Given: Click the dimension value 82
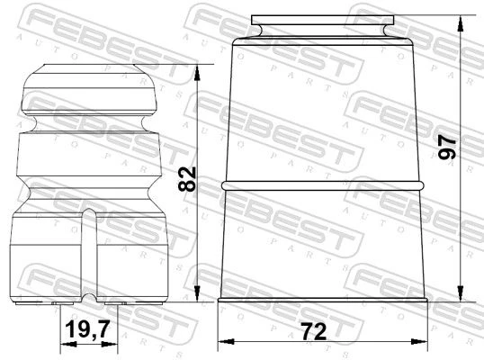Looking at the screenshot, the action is (187, 179).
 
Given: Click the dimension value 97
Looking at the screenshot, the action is (447, 148).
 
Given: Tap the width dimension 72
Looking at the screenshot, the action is (314, 331).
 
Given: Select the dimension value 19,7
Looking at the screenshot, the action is (87, 328).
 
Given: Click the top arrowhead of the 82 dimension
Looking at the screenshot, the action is (197, 73).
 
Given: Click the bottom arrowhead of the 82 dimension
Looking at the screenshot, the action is (197, 293).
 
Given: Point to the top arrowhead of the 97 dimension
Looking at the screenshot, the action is (461, 23).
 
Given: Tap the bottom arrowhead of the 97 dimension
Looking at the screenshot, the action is (461, 293).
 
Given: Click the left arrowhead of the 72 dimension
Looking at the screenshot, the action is (226, 342).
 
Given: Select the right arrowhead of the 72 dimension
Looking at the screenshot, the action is (419, 341).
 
